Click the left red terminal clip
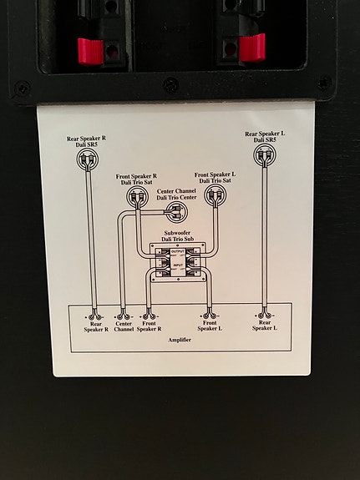(89, 50)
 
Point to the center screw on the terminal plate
(170, 85)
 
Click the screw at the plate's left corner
(23, 87)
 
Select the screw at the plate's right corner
(323, 83)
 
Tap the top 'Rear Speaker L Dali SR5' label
(264, 137)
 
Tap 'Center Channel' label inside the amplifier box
(124, 327)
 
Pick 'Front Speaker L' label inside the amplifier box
(208, 327)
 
